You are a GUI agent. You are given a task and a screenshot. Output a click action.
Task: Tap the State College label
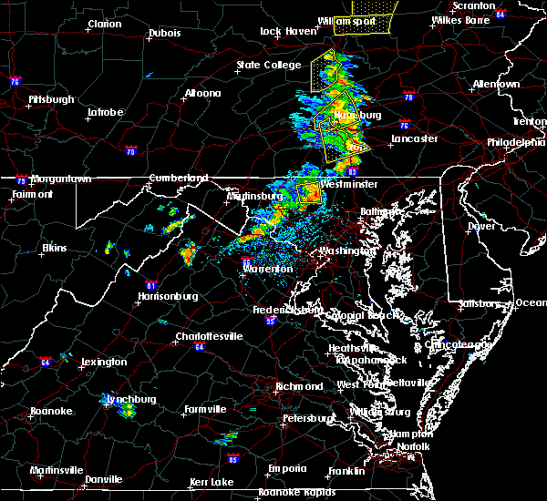[268, 65]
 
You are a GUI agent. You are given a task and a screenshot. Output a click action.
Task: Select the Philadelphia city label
[515, 142]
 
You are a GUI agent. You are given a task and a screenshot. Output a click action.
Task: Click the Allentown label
[496, 85]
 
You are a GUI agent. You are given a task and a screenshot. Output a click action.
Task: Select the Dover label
[480, 225]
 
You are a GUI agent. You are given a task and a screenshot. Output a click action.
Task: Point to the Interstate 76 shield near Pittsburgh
[15, 81]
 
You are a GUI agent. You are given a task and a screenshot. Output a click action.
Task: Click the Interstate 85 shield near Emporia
[235, 458]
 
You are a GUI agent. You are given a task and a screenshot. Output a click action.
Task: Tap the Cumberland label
[179, 178]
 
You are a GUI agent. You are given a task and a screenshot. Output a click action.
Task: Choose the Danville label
[104, 479]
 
